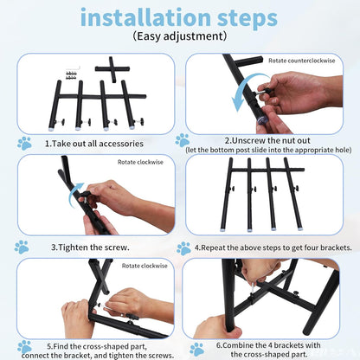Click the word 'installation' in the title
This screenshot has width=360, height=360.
click(x=145, y=17)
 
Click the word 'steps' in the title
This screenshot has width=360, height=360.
click(x=247, y=19)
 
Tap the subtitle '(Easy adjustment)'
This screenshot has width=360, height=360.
click(x=180, y=36)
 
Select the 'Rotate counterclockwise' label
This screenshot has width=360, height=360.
click(x=302, y=61)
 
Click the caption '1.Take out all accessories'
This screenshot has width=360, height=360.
click(x=94, y=144)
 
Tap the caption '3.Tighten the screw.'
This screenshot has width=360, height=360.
click(x=90, y=247)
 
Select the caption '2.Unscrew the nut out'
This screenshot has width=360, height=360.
click(x=267, y=141)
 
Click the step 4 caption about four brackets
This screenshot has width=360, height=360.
click(x=273, y=247)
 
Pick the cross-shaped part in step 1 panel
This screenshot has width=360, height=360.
click(x=112, y=69)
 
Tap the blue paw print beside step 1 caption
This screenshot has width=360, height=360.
click(x=24, y=144)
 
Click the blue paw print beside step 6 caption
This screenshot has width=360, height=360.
click(x=197, y=350)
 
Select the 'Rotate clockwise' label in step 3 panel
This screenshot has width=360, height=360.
click(x=140, y=162)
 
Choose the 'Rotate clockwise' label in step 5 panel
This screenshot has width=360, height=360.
click(x=145, y=266)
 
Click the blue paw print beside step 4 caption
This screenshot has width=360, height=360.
click(x=184, y=248)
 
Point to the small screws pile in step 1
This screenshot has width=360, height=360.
click(x=71, y=76)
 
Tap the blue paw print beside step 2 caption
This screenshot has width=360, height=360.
click(x=183, y=140)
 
